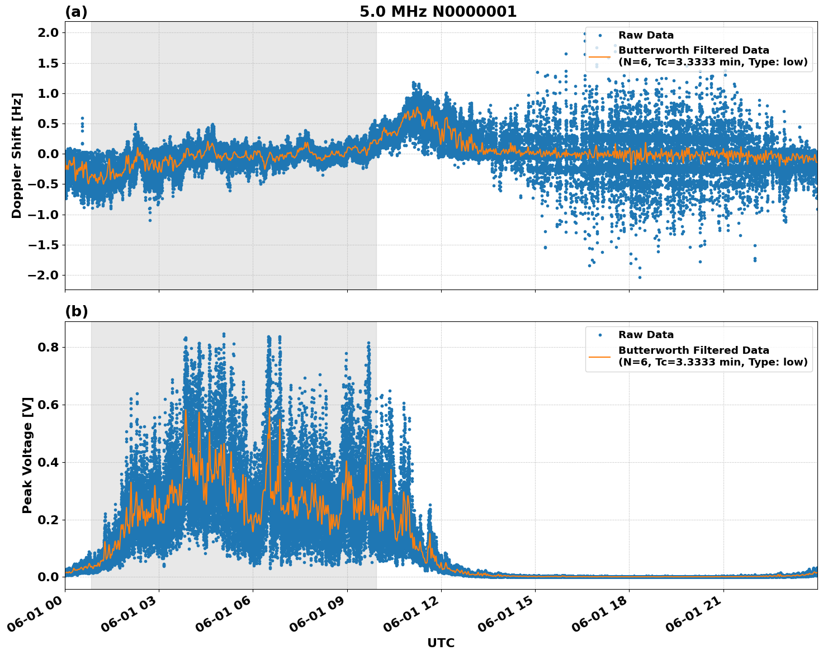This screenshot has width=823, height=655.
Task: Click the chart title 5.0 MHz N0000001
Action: pyautogui.click(x=438, y=12)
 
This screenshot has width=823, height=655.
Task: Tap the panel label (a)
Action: pyautogui.click(x=76, y=12)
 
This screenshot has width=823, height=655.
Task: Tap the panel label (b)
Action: pyautogui.click(x=76, y=312)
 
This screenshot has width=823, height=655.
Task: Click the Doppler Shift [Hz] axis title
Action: pyautogui.click(x=17, y=155)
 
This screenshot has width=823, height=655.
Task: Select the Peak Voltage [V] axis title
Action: pyautogui.click(x=27, y=455)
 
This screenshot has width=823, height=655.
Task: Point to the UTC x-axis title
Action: pyautogui.click(x=441, y=643)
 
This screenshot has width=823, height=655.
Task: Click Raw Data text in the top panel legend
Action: pyautogui.click(x=646, y=35)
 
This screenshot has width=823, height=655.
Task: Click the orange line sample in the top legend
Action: pyautogui.click(x=600, y=56)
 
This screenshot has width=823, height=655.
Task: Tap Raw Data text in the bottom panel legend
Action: pyautogui.click(x=646, y=335)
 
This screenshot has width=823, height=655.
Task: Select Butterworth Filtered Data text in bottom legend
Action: pyautogui.click(x=693, y=350)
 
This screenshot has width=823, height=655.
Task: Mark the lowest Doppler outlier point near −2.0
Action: pyautogui.click(x=640, y=277)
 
